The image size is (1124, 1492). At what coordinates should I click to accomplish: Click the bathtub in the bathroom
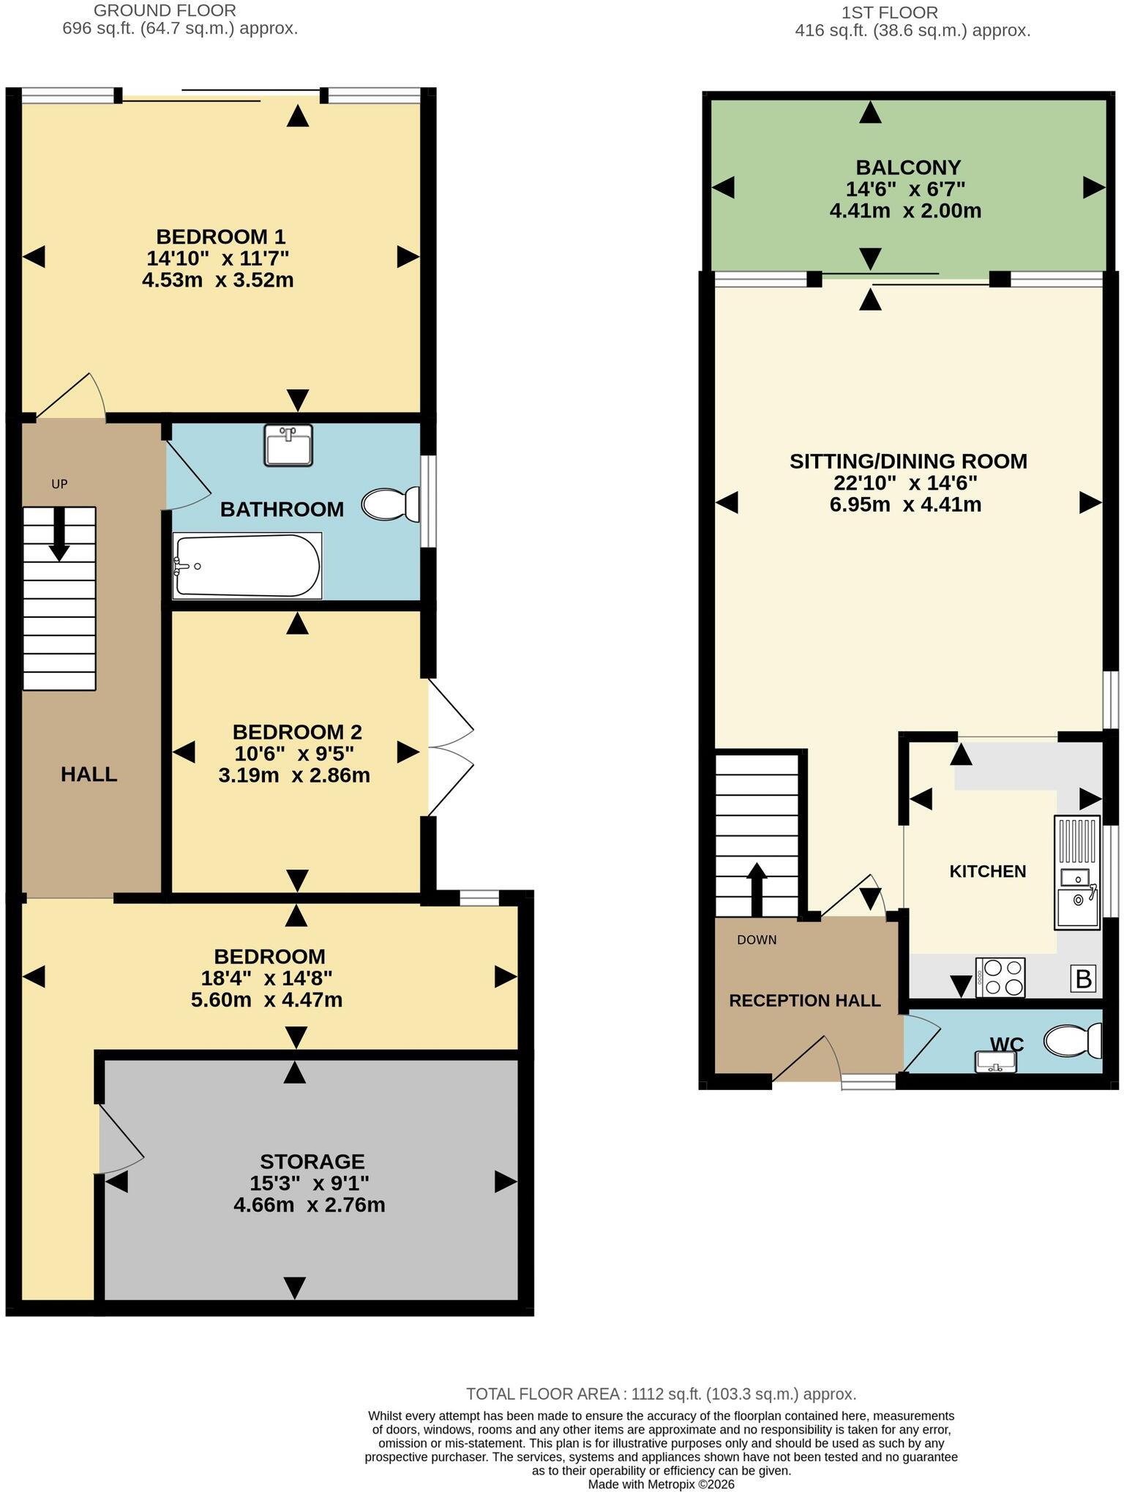247,565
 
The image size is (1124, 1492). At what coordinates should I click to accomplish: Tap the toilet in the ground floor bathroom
391,504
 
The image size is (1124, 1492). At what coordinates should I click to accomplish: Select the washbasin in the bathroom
288,444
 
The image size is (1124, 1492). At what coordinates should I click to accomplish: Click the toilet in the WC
1073,1040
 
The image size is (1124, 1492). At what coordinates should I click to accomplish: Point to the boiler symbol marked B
1084,979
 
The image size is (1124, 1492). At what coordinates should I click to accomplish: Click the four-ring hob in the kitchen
1000,977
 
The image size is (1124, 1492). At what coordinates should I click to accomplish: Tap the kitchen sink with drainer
1077,873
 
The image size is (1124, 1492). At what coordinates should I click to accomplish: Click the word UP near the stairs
59,484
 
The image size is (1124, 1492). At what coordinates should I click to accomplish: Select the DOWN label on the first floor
757,940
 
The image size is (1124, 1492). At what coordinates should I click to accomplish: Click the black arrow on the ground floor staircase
59,534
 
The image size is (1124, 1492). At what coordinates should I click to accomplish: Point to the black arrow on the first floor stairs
756,889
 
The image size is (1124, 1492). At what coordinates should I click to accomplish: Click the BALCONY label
908,168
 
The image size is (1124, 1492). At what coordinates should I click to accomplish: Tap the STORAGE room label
312,1162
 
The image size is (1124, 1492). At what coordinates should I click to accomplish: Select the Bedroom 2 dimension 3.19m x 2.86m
294,775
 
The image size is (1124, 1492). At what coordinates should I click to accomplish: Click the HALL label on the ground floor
89,775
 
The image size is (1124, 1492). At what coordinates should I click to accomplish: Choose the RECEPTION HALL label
805,1001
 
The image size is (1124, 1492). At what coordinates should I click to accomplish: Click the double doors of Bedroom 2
450,747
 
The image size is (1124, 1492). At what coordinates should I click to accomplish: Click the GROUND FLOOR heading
165,11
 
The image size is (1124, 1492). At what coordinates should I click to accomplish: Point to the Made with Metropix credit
662,1485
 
